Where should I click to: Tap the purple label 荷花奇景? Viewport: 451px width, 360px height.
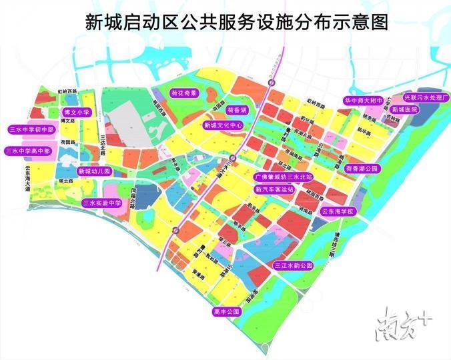point(183,94)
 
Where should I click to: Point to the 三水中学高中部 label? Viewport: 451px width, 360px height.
point(30,151)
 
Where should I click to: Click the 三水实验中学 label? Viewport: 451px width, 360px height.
point(101,203)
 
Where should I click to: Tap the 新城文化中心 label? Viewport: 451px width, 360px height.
point(223,125)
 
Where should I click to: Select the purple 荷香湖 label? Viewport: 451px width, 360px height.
point(237,109)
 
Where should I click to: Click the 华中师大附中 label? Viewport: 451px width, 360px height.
point(363,101)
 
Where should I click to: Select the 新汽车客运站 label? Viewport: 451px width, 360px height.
point(274,189)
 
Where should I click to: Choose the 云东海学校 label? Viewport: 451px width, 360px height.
point(340,211)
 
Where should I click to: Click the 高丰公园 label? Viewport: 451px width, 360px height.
point(226,311)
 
